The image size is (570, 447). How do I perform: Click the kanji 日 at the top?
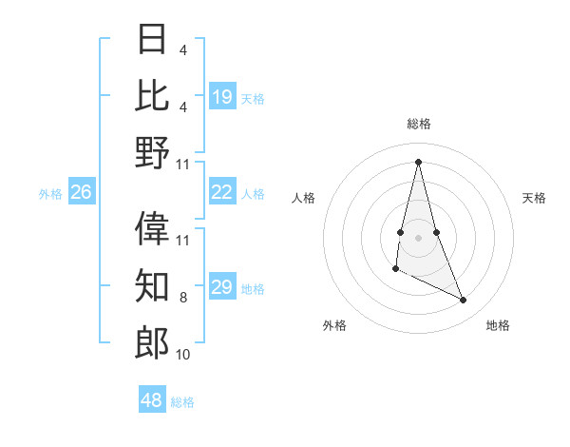153,39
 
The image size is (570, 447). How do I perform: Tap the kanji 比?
153,95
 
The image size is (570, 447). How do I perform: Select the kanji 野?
153,152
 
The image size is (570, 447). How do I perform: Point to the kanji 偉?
153,228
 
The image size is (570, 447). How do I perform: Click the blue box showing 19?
222,96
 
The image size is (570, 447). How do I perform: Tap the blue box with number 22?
222,192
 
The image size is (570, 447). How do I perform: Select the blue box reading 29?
222,287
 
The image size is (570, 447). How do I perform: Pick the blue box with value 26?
81,192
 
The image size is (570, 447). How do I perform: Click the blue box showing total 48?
152,400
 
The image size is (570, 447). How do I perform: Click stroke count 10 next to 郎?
183,355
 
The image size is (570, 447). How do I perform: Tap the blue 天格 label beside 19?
253,98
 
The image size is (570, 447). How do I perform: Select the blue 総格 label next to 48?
182,402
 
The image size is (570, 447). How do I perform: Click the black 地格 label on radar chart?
498,325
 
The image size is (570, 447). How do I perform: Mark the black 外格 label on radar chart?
334,325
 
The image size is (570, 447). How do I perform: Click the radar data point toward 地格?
464,301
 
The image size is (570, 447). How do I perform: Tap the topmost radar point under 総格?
418,162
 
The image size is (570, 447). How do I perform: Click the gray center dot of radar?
418,237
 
